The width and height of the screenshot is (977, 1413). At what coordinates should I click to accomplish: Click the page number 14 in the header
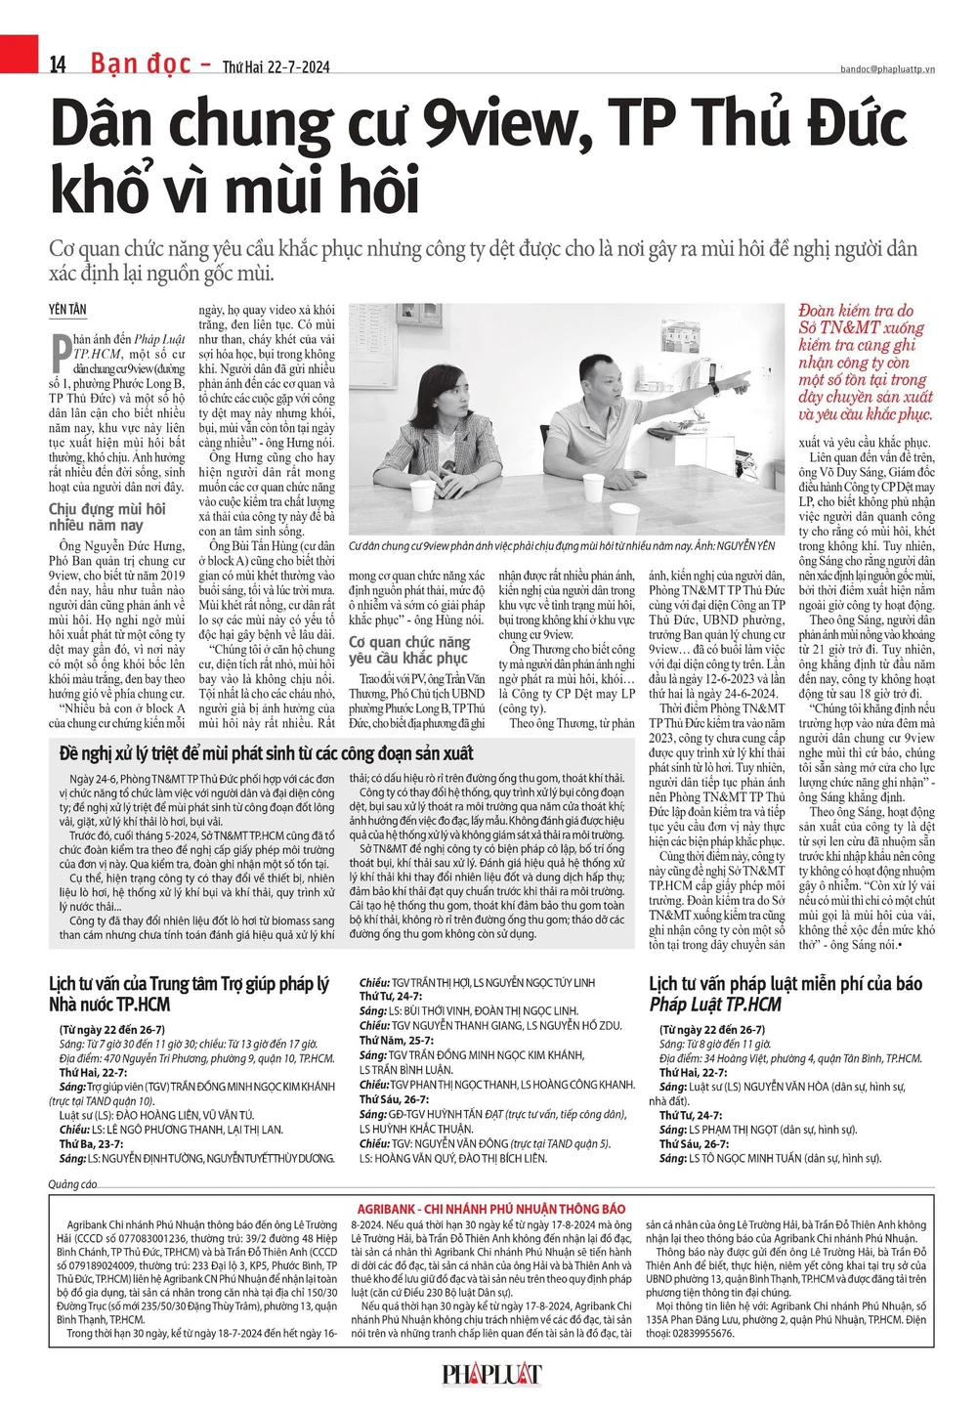click(x=59, y=64)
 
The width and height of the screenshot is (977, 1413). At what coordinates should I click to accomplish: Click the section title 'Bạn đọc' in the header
click(x=141, y=64)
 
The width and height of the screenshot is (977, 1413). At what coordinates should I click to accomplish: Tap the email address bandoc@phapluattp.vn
click(x=887, y=69)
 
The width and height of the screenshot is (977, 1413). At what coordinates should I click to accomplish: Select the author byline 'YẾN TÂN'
click(x=67, y=310)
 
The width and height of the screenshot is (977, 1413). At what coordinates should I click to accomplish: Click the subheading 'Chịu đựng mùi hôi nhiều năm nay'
click(x=107, y=517)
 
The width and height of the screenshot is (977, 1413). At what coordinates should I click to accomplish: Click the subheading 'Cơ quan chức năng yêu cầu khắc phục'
click(x=409, y=650)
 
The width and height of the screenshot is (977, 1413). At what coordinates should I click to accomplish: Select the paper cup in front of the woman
click(x=421, y=496)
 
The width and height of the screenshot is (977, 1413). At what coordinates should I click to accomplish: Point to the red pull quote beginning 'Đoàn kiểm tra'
click(x=865, y=363)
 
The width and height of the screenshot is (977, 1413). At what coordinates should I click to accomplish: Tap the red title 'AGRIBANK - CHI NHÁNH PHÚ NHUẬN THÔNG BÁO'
click(x=490, y=1208)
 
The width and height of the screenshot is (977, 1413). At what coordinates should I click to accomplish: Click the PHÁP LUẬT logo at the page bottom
click(x=491, y=1375)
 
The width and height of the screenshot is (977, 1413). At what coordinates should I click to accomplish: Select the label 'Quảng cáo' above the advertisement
click(x=73, y=1184)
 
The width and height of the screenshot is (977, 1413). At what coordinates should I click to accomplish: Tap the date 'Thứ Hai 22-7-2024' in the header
click(x=276, y=67)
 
